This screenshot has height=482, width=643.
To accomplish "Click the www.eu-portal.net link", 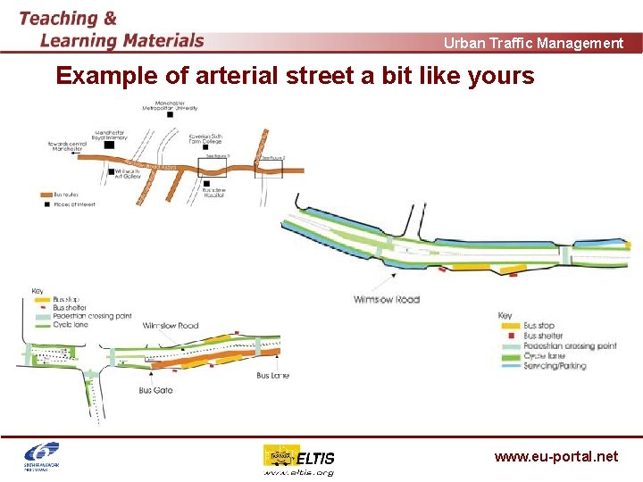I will click(x=555, y=456).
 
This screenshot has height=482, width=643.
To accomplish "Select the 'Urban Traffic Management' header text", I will click(x=533, y=43).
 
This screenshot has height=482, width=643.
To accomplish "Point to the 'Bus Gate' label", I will click(x=155, y=390).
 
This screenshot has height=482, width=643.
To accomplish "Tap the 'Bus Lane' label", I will click(x=272, y=376).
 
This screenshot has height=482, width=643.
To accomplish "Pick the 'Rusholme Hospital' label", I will click(x=215, y=192).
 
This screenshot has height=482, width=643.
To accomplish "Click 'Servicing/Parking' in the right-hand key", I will click(x=555, y=366).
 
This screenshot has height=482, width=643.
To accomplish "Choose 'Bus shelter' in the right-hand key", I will click(x=543, y=336).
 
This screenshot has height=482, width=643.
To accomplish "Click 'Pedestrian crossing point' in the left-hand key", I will click(x=91, y=317).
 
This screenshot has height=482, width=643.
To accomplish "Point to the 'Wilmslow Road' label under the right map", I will click(x=386, y=299).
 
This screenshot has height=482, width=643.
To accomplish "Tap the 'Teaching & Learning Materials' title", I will click(x=111, y=29).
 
